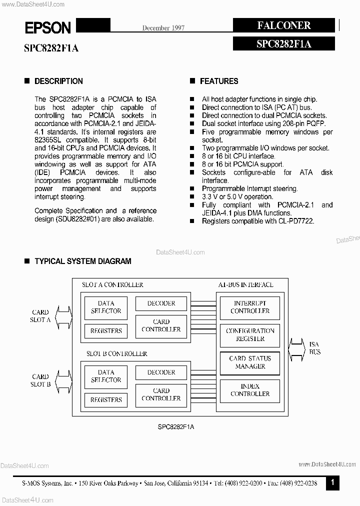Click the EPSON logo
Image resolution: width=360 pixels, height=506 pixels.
(x=48, y=27)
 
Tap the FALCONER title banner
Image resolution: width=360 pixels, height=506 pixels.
(x=283, y=25)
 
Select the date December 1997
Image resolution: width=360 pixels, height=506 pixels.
(x=163, y=28)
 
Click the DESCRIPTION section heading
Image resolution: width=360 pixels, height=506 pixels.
(x=58, y=81)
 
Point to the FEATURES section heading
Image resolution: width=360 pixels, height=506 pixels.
(x=219, y=81)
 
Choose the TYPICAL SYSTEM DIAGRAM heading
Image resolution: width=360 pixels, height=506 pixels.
(x=82, y=261)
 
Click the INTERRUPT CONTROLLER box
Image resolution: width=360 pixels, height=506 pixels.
(x=250, y=307)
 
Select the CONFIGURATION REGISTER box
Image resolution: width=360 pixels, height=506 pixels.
(x=250, y=334)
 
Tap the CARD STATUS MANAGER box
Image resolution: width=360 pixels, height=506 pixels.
(x=250, y=362)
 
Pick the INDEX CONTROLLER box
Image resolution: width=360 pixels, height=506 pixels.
(x=250, y=390)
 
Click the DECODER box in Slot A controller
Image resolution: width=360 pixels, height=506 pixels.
(x=161, y=303)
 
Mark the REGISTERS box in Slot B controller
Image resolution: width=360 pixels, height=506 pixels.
(x=106, y=400)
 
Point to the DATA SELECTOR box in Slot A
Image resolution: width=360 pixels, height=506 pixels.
(x=106, y=307)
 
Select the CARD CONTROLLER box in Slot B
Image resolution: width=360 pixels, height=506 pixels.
(x=161, y=394)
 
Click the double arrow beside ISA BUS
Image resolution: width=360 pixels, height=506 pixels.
(x=297, y=348)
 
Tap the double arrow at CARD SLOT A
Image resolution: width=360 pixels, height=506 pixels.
(x=62, y=316)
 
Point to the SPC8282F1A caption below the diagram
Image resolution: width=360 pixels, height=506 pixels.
(x=176, y=426)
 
